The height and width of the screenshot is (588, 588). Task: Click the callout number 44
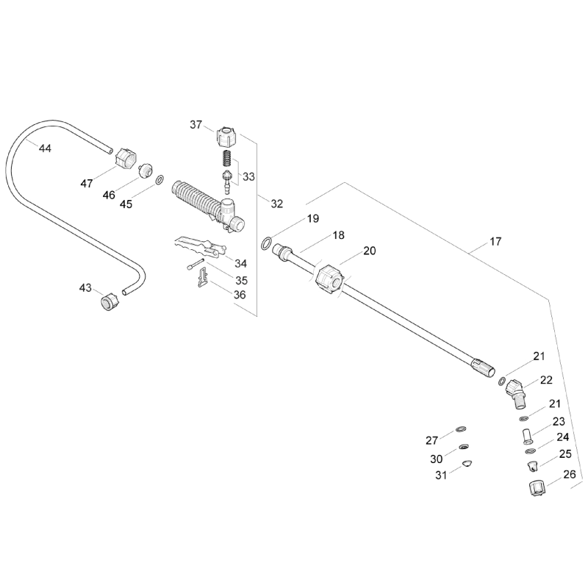point(45,148)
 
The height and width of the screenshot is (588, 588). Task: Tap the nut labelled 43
point(109,300)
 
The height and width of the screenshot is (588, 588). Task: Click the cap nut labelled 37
point(227,136)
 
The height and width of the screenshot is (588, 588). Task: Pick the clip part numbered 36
point(202,279)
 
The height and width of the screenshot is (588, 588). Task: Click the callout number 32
point(276,204)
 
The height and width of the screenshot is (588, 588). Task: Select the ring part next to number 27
point(461,430)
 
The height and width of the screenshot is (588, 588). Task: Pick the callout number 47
point(87,184)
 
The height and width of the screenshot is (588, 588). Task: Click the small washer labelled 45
point(159,180)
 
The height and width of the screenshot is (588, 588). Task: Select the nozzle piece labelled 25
point(531,465)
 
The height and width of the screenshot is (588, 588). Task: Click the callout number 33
point(248,176)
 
